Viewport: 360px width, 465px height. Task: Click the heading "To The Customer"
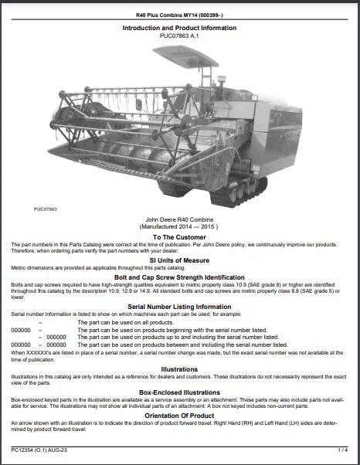(x=179, y=237)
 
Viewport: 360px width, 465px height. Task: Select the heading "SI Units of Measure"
(x=179, y=260)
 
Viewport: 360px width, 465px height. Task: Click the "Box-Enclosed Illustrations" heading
(x=179, y=392)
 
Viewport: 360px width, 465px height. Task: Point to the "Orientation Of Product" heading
(x=179, y=415)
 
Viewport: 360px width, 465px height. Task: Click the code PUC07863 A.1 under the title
(x=179, y=36)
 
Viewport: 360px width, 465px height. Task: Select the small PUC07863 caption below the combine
(x=45, y=209)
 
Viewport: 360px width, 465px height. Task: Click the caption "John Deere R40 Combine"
(x=179, y=220)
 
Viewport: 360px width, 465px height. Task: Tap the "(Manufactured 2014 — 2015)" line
(x=179, y=227)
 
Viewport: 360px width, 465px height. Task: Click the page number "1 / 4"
(x=343, y=449)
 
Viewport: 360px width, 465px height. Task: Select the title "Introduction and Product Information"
(x=179, y=28)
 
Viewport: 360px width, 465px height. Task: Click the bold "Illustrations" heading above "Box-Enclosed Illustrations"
(x=179, y=368)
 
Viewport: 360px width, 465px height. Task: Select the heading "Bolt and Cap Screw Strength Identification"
(x=179, y=277)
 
